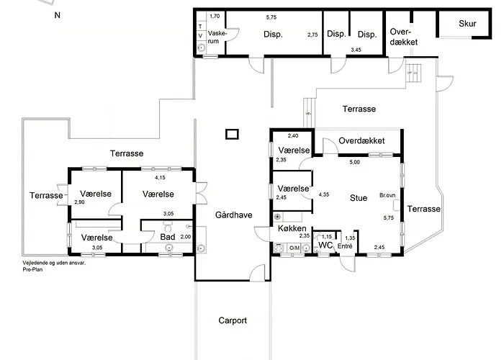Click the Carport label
coord(233,320)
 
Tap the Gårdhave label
coord(234,215)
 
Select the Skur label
coord(467,24)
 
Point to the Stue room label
coord(359,198)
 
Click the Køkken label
coord(292,228)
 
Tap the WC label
coord(325,246)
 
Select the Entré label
coord(345,246)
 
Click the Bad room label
coord(168,237)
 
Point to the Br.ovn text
coord(387,195)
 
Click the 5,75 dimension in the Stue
coord(389,217)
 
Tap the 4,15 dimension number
coord(160,177)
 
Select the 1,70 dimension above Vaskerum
coord(215,16)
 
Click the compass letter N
coord(57,15)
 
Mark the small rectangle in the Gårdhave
coord(232,134)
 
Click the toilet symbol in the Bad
coord(168,226)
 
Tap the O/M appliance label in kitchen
coord(294,248)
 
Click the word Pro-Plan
coord(32,269)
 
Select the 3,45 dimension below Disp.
coord(356,50)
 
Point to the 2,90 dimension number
coord(79,202)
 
